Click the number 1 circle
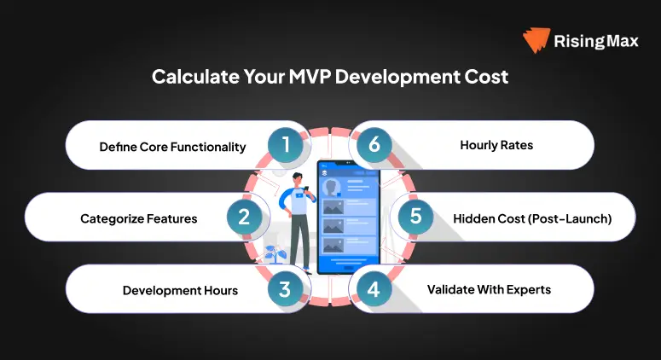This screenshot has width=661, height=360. point(287,145)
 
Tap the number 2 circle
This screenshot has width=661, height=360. point(244,217)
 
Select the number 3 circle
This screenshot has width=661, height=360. point(287,289)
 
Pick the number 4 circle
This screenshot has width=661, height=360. point(373,289)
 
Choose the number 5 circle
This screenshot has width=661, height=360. point(415,217)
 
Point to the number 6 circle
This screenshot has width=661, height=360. point(373,145)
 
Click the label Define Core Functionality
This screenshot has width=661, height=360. point(172,147)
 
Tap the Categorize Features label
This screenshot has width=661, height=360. point(139,218)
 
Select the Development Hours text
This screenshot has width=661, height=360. point(180,290)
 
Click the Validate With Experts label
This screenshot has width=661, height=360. point(489,289)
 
